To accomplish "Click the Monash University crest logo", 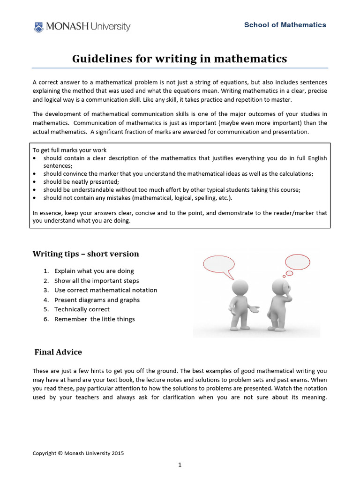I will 38,27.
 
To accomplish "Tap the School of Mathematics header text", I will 285,25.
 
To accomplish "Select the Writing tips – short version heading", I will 86,254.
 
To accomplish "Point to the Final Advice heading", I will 58,352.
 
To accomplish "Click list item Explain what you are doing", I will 94,271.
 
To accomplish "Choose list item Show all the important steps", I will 97,281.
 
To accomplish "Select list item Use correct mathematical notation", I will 105,290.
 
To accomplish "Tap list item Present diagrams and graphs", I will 97,300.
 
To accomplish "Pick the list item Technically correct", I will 82,309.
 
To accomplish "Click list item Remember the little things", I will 94,319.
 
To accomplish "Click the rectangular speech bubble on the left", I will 219,264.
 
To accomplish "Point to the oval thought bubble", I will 298,261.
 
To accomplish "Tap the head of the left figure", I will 240,286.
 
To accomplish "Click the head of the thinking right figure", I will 280,285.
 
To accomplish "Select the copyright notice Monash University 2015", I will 78,453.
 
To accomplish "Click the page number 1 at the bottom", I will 180,465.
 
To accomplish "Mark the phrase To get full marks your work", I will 63,150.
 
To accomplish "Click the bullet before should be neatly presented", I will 35,182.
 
